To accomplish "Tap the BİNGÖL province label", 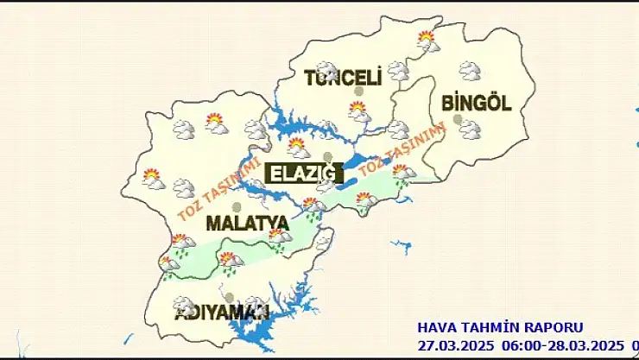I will point(476,104).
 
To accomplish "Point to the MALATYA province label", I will point(247,224).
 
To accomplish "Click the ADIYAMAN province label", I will point(222,313).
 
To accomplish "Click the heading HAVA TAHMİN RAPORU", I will point(500,328).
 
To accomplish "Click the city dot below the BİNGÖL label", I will point(457,119).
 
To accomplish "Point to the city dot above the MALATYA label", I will point(237,207).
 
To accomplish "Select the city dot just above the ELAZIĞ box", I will point(327,156).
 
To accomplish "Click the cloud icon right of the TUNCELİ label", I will point(397,71).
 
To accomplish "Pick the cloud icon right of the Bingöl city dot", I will point(470,129).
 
